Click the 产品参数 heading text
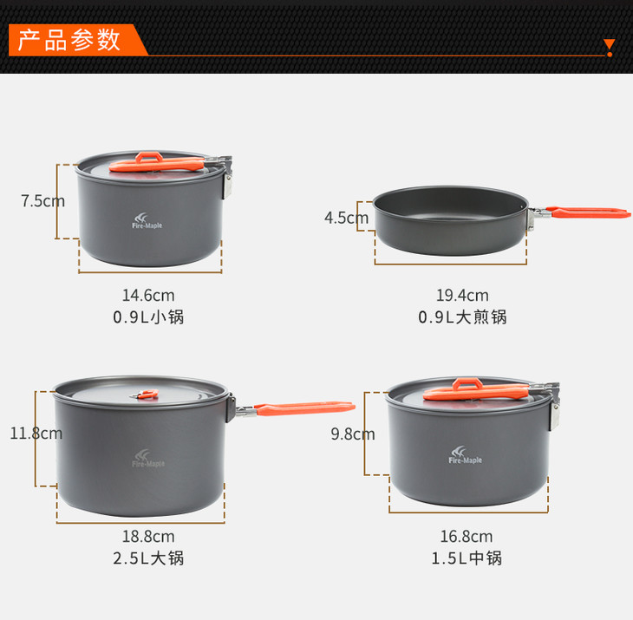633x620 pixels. pos(69,40)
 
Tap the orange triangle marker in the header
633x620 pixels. pos(610,44)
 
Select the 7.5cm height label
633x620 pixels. pos(42,200)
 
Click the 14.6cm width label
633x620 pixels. pos(148,296)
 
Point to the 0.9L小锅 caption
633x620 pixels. pos(148,317)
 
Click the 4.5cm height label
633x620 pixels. pos(346,218)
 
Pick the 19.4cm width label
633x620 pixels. pos(462,296)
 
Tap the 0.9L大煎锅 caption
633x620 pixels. pos(462,317)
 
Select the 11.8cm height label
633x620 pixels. pos(36,433)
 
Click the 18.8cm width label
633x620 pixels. pos(148,537)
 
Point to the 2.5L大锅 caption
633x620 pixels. pos(148,558)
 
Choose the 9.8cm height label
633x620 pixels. pos(353,434)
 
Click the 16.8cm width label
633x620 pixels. pos(467,537)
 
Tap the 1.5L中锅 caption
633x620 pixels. pos(467,558)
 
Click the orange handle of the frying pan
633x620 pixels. pos(587,212)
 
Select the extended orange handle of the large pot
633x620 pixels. pos(304,408)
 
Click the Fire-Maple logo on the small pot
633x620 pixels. pos(147,221)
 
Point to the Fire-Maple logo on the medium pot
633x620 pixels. pos(465,455)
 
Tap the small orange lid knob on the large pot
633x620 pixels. pos(147,394)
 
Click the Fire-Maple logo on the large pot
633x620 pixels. pos(148,459)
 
